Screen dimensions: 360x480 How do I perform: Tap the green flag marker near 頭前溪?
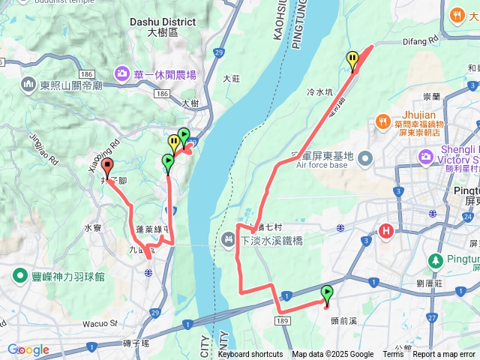click(327, 292)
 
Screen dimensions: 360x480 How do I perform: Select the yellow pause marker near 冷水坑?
click(352, 58)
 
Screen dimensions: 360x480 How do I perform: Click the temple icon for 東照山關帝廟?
click(28, 85)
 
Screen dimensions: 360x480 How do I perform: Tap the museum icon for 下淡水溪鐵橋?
click(229, 241)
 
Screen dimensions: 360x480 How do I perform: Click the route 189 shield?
click(282, 319)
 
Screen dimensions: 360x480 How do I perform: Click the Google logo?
click(28, 349)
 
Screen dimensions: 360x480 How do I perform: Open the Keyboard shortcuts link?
click(250, 355)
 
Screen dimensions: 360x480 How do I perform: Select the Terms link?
click(393, 355)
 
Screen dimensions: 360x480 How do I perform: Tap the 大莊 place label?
click(232, 78)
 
